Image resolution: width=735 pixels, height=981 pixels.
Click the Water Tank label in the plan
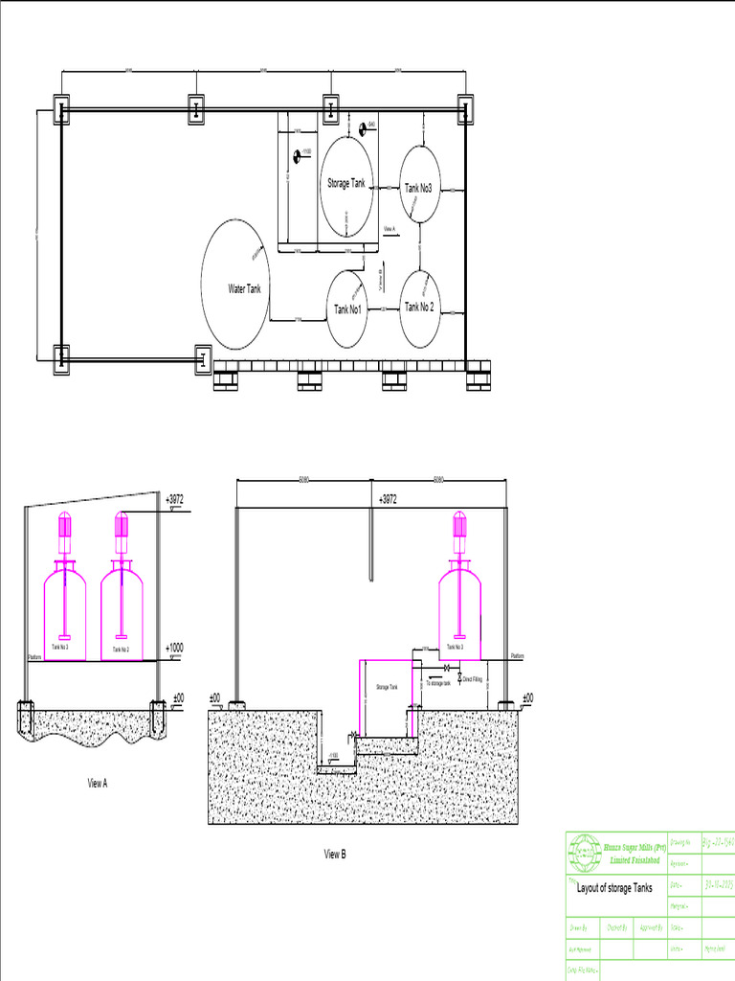244,288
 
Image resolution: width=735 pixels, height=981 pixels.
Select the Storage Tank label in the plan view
345,183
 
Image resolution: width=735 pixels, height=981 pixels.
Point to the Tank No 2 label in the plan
419,308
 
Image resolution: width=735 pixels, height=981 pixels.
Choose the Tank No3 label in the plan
418,189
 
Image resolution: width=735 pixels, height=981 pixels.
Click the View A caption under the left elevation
97,783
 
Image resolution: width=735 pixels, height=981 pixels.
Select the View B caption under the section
334,854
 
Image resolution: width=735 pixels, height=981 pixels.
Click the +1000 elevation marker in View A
173,649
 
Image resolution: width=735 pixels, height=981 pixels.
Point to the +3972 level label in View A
173,499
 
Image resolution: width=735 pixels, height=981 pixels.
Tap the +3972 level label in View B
387,500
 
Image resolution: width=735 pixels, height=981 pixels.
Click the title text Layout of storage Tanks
614,888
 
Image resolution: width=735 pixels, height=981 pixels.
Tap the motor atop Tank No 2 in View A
122,525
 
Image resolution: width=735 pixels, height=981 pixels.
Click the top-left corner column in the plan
60,110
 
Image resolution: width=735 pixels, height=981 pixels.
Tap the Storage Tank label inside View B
386,687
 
